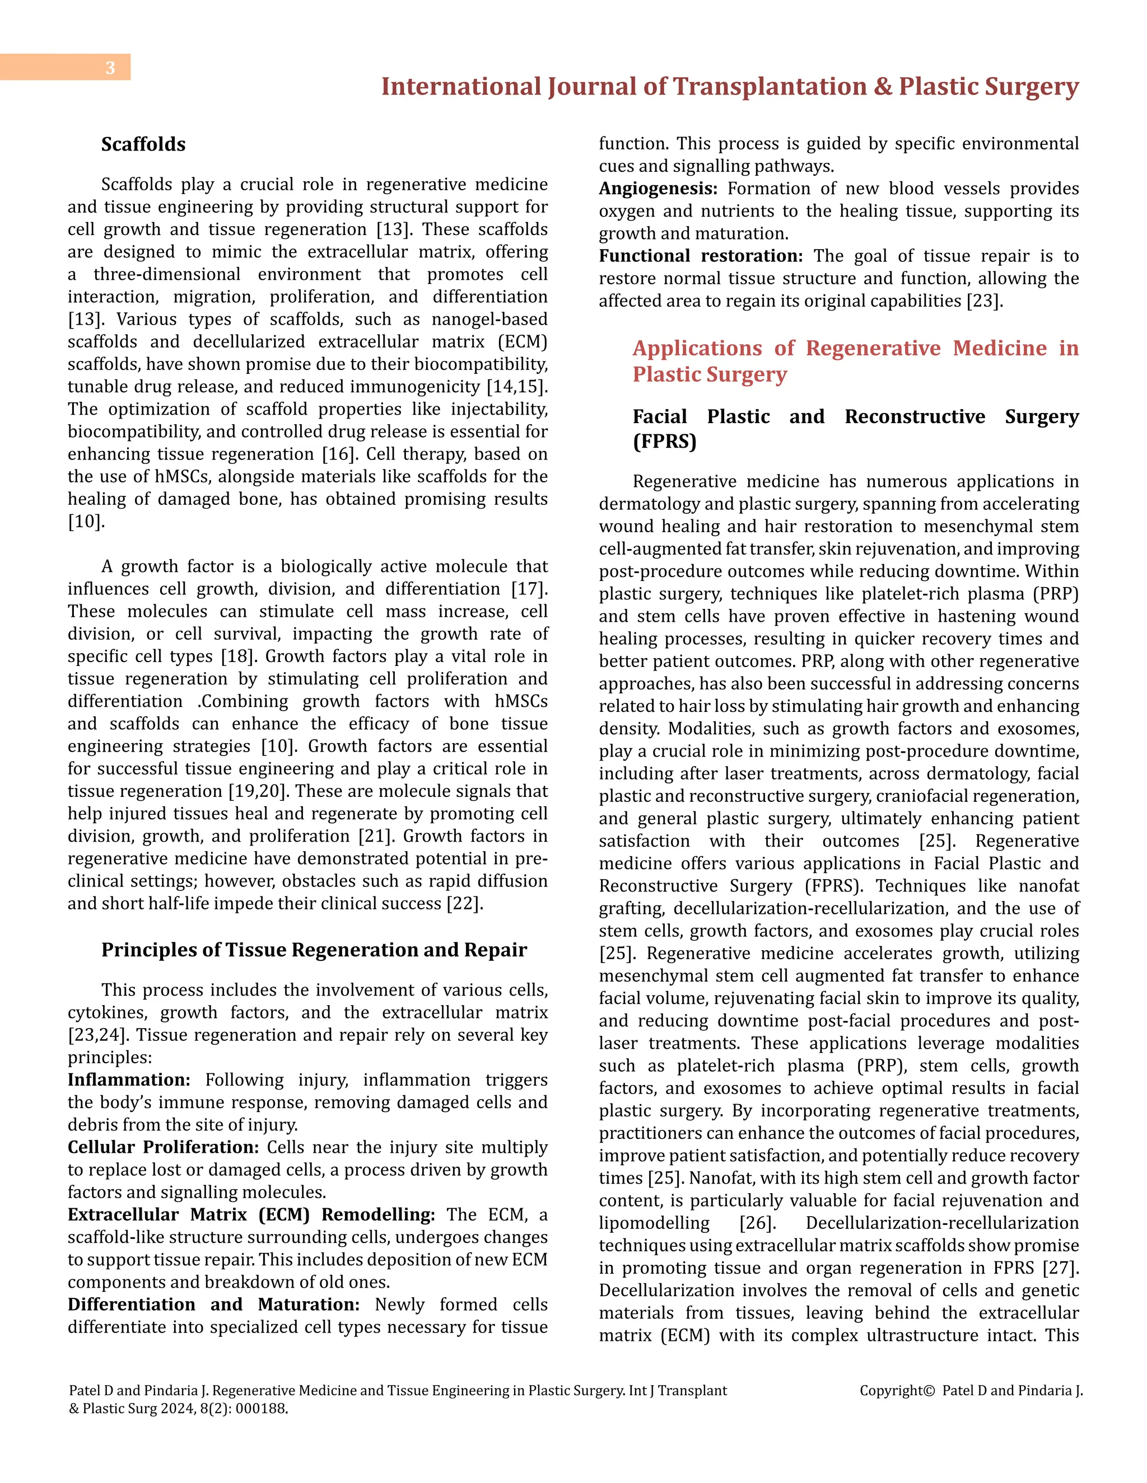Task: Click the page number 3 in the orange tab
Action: tap(110, 68)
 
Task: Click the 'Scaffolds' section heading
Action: tap(143, 144)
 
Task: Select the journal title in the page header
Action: tap(729, 87)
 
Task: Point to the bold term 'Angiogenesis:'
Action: tap(658, 189)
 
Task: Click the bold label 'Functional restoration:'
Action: tap(701, 256)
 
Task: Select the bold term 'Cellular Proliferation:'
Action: tap(163, 1147)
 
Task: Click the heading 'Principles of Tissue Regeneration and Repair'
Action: tap(314, 950)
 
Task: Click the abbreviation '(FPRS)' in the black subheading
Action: tap(665, 442)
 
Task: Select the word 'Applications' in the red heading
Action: tap(697, 348)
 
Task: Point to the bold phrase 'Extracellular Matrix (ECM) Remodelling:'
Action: tap(251, 1214)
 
